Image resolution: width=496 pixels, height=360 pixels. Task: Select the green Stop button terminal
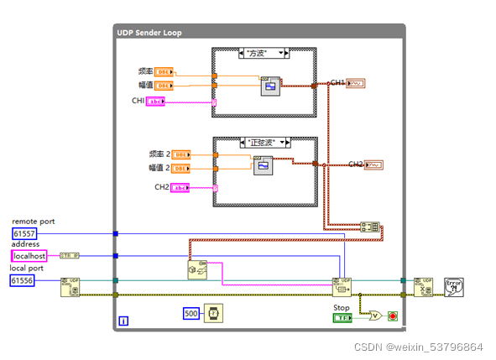(x=342, y=318)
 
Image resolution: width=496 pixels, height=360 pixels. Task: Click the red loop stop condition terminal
(x=392, y=317)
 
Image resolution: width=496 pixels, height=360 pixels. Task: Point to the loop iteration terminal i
(x=123, y=321)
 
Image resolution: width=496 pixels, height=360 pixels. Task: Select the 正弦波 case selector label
(x=264, y=143)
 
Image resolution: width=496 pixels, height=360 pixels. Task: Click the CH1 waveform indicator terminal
(x=356, y=83)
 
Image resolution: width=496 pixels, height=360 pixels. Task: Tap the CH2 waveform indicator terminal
(x=374, y=164)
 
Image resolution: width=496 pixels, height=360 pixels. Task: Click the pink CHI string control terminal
(x=156, y=102)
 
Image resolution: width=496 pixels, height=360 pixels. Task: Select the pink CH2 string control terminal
(x=180, y=188)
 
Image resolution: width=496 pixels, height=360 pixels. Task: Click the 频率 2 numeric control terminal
(x=180, y=154)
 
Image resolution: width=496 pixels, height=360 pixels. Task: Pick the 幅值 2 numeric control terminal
(x=180, y=169)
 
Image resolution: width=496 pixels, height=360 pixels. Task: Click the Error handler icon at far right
(x=454, y=287)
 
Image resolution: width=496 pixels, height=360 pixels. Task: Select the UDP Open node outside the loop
(x=70, y=287)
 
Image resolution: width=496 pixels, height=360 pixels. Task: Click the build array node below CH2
(x=369, y=227)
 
